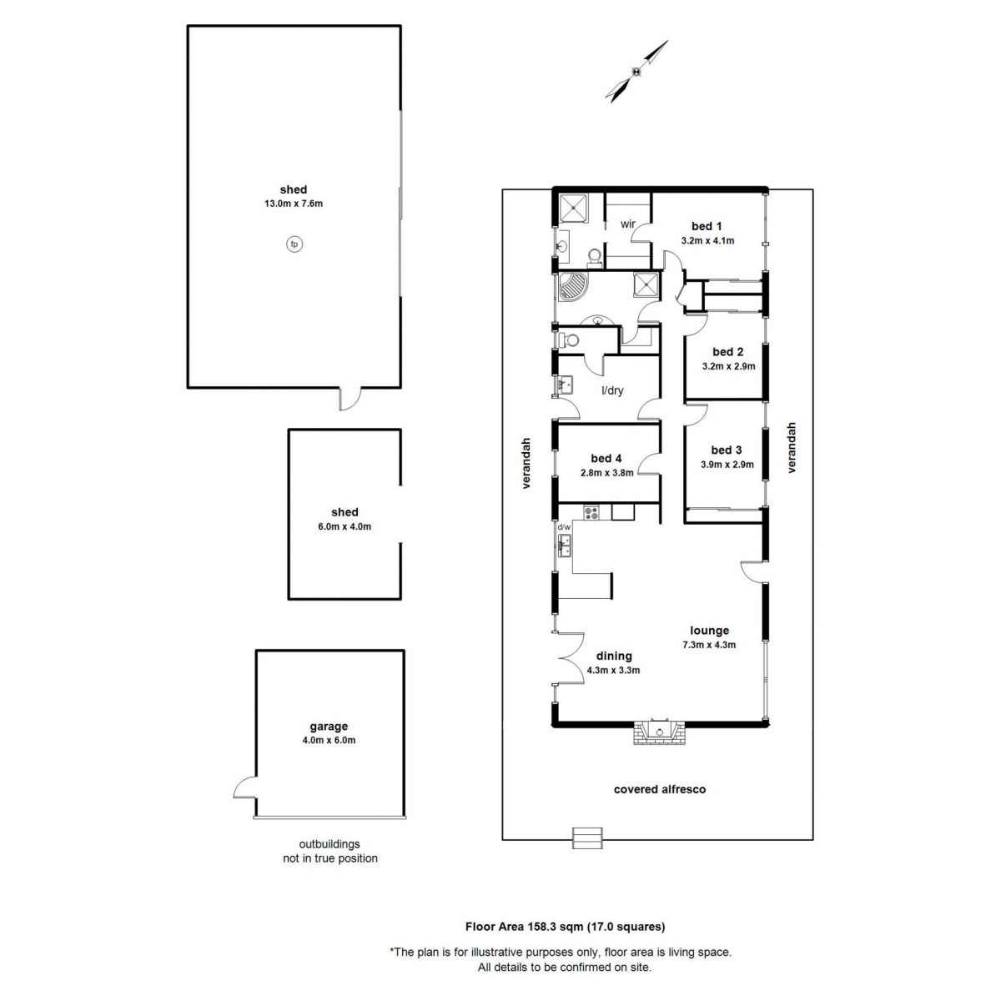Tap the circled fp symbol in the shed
click(x=294, y=244)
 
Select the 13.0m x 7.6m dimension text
click(x=294, y=204)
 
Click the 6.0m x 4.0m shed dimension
click(x=345, y=526)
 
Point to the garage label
click(x=329, y=727)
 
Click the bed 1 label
click(x=707, y=226)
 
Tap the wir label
click(x=628, y=224)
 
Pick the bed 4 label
click(x=606, y=458)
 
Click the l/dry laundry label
click(x=613, y=390)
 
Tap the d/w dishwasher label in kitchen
click(x=564, y=527)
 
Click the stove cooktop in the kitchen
click(x=591, y=512)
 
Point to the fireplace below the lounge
click(x=658, y=733)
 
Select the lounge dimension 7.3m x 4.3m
click(x=709, y=645)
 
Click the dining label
click(x=614, y=656)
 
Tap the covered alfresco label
click(x=660, y=789)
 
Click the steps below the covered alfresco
click(x=586, y=837)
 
